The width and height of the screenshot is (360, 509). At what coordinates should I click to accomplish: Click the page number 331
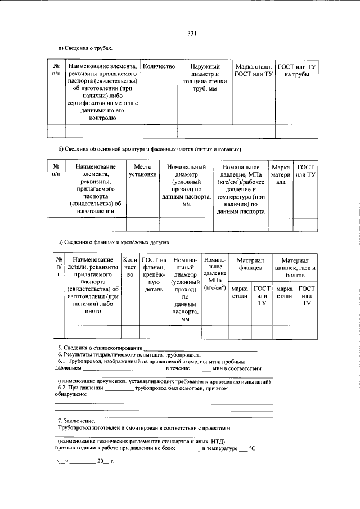point(191,33)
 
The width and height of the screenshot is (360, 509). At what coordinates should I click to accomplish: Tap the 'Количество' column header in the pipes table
point(159,66)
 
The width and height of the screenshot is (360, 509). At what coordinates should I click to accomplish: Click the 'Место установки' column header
point(142,170)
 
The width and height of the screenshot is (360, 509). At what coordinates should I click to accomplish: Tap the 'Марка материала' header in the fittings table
point(281,174)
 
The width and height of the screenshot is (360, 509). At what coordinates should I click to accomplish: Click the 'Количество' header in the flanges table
point(130,267)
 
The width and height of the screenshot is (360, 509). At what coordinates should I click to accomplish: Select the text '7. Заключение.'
point(76,421)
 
